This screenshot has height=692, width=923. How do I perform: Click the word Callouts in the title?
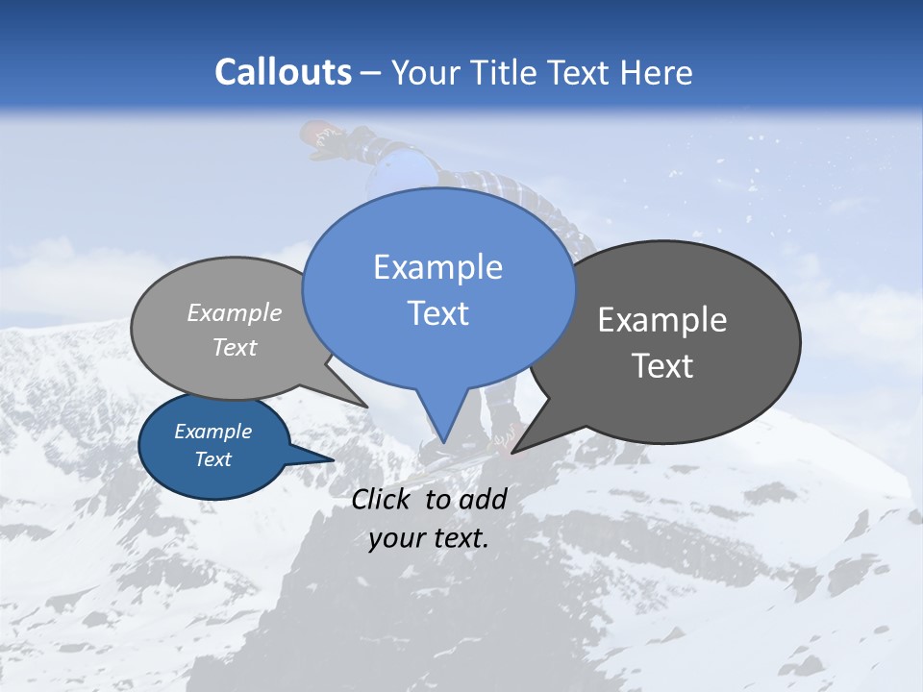[x=283, y=72]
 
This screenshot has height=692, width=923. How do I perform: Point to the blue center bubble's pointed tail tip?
[x=445, y=441]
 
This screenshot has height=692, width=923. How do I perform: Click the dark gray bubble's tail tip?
[x=512, y=452]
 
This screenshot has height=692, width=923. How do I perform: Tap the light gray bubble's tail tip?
[x=366, y=407]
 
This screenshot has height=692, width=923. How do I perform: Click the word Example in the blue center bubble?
[x=437, y=267]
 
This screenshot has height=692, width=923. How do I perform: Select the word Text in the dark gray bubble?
[x=661, y=366]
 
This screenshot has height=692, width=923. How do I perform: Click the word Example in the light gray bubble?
[x=235, y=313]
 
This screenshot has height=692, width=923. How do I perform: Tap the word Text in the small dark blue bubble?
[x=213, y=459]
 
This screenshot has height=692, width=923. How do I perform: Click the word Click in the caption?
[x=383, y=499]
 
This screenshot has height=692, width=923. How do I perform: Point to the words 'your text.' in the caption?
[x=429, y=538]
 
